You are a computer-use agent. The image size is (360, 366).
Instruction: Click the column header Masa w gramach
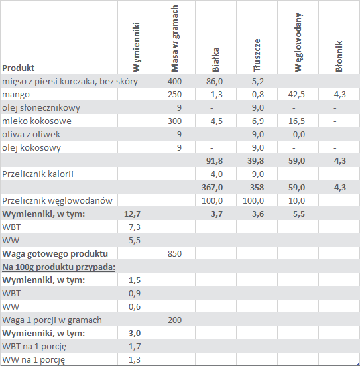[174, 38]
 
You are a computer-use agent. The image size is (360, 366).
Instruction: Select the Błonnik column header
[339, 56]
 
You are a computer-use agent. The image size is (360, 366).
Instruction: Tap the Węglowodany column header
[298, 42]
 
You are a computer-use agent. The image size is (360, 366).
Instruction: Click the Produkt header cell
[18, 68]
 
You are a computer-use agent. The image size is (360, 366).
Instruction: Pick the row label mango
[16, 95]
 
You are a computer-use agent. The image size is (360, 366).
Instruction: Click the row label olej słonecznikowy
[41, 108]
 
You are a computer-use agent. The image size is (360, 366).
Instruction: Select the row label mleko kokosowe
[36, 121]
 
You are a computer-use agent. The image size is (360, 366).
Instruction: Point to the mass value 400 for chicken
[174, 82]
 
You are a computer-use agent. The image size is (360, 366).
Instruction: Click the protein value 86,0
[214, 82]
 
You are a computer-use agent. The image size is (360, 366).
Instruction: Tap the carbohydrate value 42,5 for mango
[296, 95]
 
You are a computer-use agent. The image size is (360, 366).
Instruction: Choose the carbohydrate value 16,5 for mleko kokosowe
[296, 121]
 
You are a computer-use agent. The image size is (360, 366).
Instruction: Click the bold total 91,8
[214, 161]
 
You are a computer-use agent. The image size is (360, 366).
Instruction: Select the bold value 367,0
[212, 188]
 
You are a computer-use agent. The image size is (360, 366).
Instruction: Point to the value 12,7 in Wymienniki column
[132, 213]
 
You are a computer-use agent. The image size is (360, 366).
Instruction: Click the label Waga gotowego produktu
[55, 254]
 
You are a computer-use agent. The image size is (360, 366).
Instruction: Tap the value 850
[174, 254]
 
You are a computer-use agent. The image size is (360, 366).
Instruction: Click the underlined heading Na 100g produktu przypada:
[58, 267]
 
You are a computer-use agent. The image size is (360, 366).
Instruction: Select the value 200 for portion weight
[174, 320]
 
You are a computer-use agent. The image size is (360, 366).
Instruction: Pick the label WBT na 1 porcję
[34, 347]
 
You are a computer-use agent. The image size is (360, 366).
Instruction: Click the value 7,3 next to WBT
[135, 227]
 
